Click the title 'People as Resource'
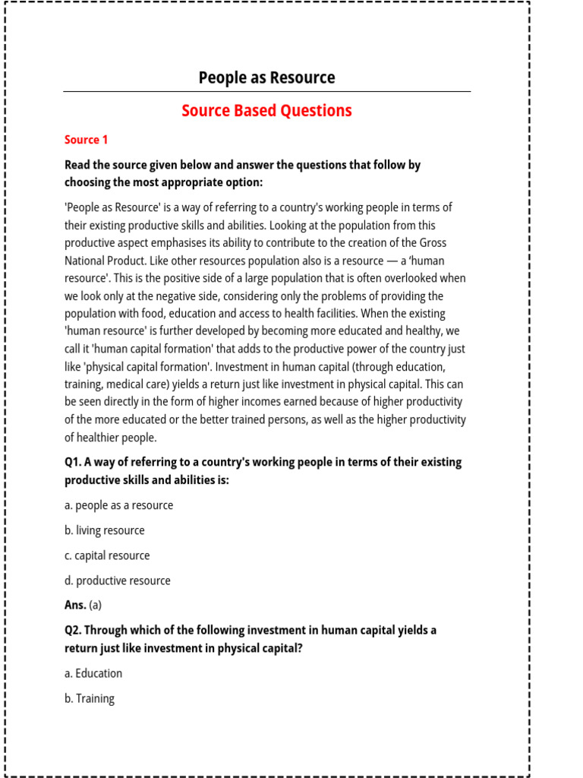tap(266, 77)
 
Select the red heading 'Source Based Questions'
tap(266, 111)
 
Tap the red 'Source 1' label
tap(87, 140)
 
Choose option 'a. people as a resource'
tap(118, 505)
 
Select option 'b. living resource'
tap(104, 530)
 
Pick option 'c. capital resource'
tap(107, 555)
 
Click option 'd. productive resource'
tap(118, 580)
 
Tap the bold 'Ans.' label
tap(75, 606)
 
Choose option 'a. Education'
tap(93, 673)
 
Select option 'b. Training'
tap(90, 698)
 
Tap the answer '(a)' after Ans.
tap(95, 606)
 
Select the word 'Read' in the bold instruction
tap(78, 165)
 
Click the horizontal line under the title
tap(266, 92)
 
